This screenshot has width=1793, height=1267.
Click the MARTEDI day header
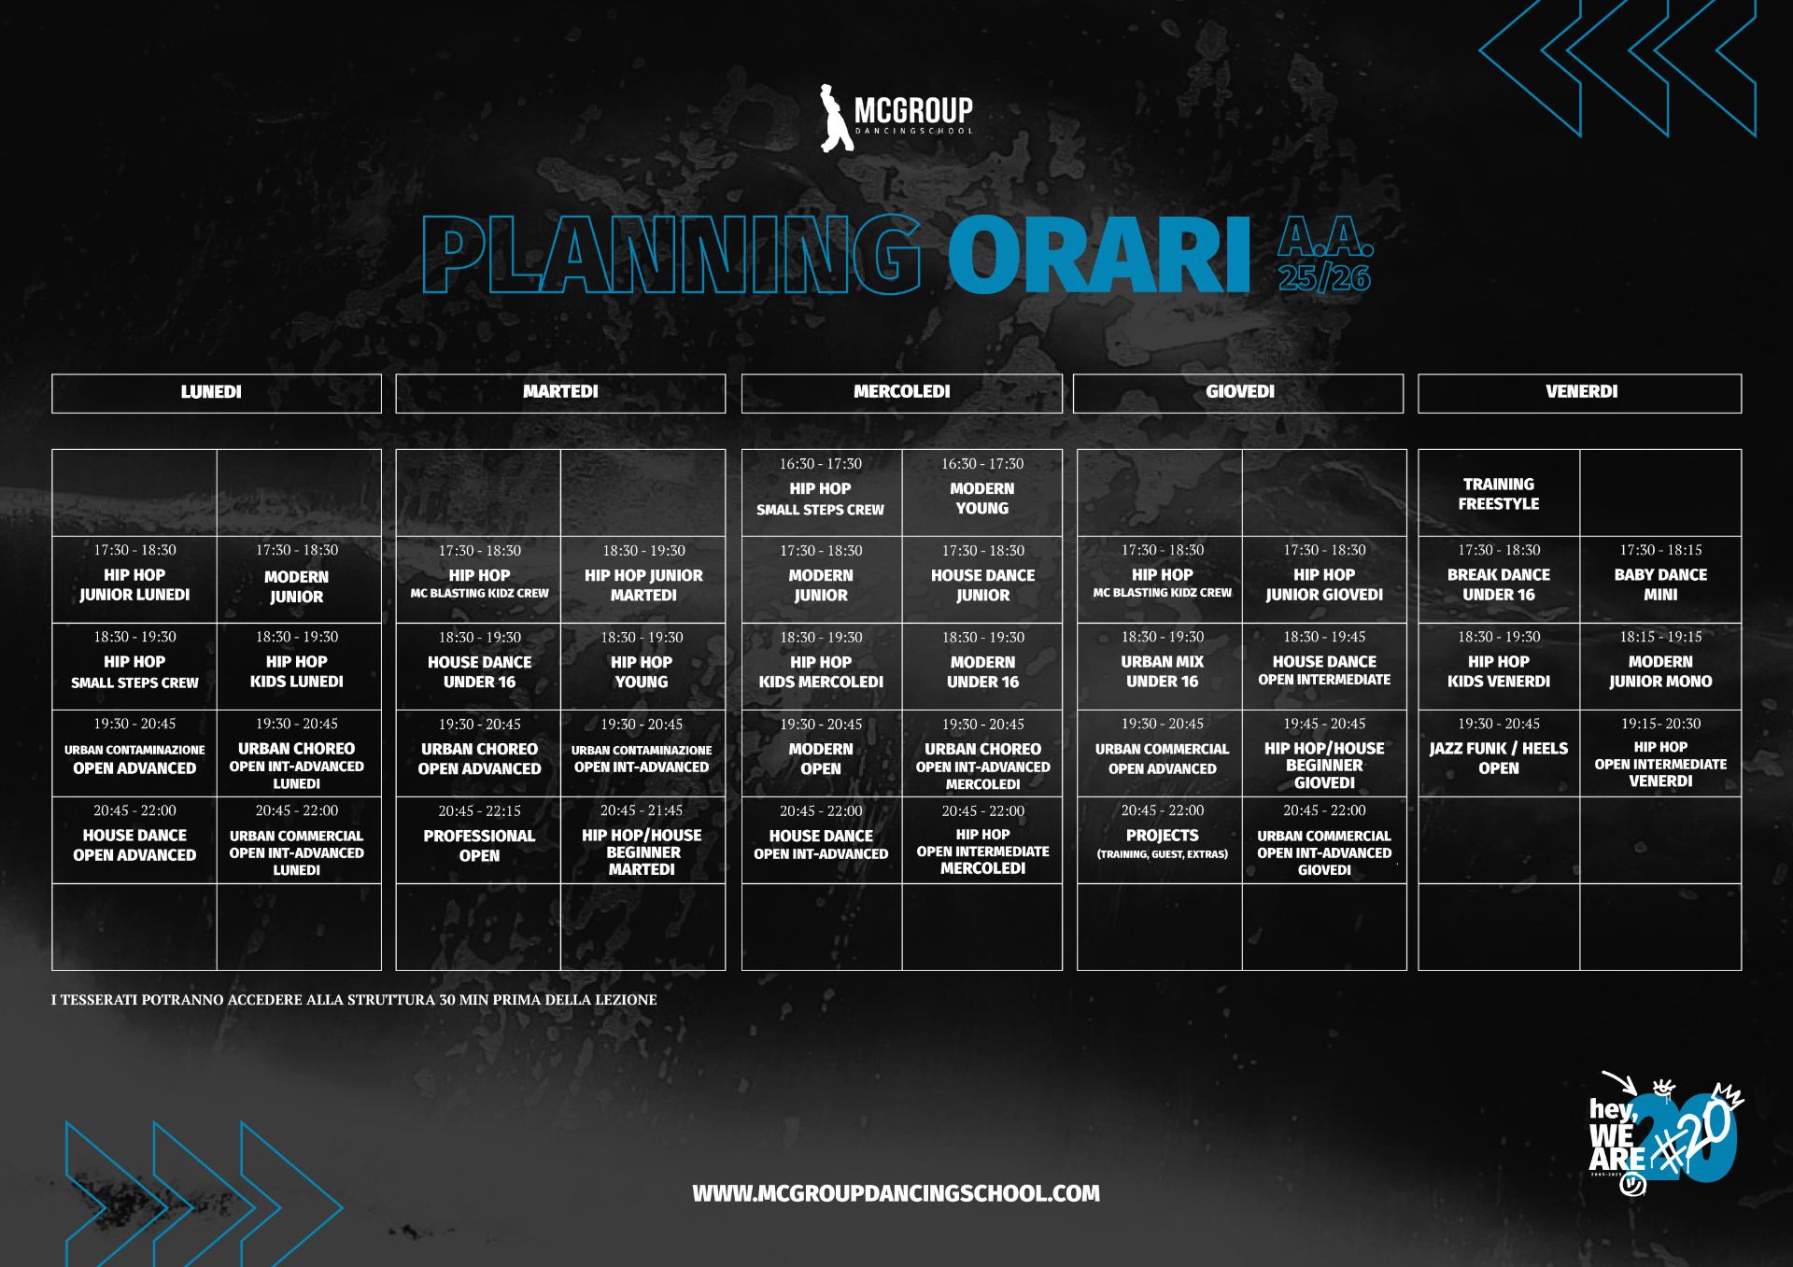560,392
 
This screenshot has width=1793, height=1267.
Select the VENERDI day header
1580,392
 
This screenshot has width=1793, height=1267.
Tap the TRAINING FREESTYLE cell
1499,494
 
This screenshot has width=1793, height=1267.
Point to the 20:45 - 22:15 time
480,811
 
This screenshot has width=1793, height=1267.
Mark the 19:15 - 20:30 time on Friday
1660,724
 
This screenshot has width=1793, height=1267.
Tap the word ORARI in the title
1099,255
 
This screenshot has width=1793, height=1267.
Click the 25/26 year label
1324,277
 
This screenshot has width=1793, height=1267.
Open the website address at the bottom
896,1193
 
